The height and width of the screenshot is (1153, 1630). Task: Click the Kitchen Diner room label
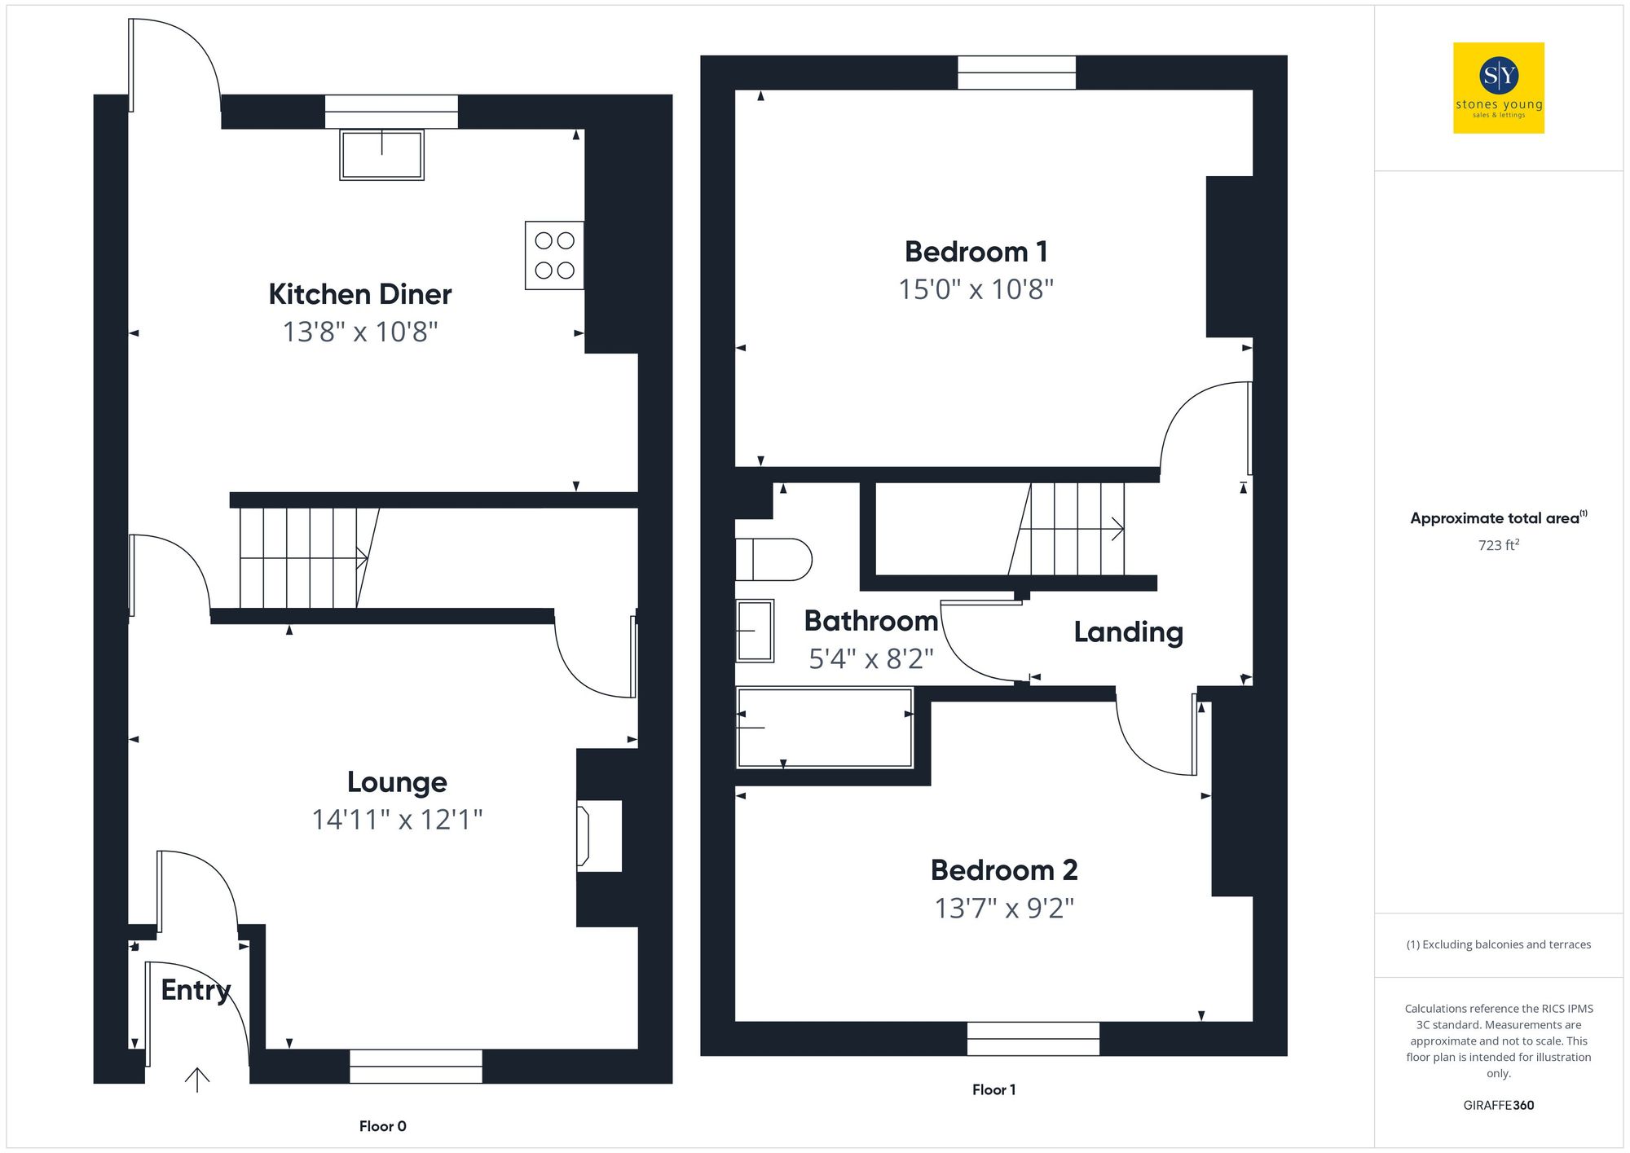pyautogui.click(x=359, y=294)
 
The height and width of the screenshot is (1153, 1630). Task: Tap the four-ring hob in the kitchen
pyautogui.click(x=554, y=255)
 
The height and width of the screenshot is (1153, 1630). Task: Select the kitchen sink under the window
pyautogui.click(x=381, y=154)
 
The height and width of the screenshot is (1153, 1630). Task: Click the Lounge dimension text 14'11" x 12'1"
pyautogui.click(x=397, y=819)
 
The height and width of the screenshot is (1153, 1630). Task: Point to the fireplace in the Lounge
pyautogui.click(x=598, y=835)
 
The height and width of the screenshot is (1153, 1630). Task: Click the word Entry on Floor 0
pyautogui.click(x=196, y=989)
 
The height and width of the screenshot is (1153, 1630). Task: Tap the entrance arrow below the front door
pyautogui.click(x=197, y=1079)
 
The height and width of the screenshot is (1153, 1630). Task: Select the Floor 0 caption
pyautogui.click(x=382, y=1126)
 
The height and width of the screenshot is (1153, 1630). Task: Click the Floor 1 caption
pyautogui.click(x=993, y=1089)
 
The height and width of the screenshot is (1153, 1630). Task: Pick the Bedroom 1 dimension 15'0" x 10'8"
pyautogui.click(x=976, y=289)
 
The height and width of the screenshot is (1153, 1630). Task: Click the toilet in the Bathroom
pyautogui.click(x=773, y=560)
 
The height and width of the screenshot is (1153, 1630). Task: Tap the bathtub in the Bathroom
pyautogui.click(x=824, y=728)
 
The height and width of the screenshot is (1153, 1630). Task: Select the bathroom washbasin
pyautogui.click(x=755, y=631)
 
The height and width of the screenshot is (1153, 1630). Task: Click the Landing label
pyautogui.click(x=1128, y=632)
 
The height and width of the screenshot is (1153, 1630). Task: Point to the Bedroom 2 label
pyautogui.click(x=1004, y=869)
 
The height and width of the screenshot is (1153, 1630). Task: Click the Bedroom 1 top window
pyautogui.click(x=1016, y=73)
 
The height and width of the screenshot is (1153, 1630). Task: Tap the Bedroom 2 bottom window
pyautogui.click(x=1033, y=1038)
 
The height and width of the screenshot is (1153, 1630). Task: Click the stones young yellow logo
pyautogui.click(x=1498, y=88)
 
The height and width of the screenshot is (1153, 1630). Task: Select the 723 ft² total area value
pyautogui.click(x=1498, y=544)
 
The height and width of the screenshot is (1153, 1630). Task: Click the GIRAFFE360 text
pyautogui.click(x=1498, y=1105)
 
